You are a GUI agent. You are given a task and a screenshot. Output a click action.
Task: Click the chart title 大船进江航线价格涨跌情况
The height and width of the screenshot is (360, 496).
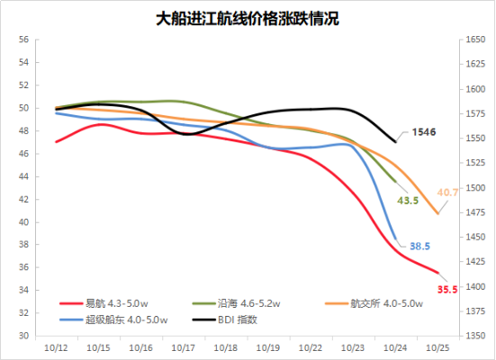point(248,19)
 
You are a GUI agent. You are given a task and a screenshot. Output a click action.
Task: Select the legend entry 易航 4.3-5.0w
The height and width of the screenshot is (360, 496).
point(104,303)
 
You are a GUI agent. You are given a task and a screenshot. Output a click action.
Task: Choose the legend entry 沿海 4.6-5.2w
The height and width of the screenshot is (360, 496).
point(236,303)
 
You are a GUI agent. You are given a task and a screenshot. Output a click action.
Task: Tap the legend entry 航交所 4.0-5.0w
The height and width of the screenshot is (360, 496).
point(374,303)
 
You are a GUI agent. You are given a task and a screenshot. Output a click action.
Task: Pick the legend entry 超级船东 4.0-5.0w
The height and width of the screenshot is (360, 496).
point(113,319)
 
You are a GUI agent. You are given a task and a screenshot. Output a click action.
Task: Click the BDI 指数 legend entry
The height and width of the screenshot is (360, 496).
point(224,319)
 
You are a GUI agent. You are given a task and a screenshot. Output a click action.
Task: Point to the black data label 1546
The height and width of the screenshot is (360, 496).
point(424,132)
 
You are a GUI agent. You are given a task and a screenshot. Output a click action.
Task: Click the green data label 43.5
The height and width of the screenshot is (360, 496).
point(408,200)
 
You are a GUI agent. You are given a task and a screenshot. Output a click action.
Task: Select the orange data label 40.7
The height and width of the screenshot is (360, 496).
point(447,193)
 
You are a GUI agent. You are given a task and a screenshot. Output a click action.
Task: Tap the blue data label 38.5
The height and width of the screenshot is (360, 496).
point(420,246)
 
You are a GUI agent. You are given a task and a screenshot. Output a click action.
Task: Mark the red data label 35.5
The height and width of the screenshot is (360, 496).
point(447,289)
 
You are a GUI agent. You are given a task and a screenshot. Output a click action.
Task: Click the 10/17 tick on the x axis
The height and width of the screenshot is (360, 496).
point(183,348)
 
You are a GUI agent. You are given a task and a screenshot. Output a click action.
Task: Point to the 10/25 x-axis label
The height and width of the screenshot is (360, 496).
point(437,348)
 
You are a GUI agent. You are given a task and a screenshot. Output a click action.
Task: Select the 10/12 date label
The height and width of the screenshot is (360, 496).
point(56,348)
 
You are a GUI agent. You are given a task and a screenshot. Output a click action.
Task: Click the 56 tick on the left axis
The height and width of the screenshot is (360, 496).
point(23,40)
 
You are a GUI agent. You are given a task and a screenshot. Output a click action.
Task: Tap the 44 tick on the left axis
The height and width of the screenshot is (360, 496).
point(23,176)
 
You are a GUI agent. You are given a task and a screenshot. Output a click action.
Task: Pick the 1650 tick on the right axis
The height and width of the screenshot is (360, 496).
point(475,40)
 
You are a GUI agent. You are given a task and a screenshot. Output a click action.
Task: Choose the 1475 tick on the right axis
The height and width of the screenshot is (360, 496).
point(475,212)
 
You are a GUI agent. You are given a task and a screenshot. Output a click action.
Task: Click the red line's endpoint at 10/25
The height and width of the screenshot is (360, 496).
point(438,273)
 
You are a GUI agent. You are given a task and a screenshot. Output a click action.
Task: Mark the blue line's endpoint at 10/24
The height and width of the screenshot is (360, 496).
point(395,239)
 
